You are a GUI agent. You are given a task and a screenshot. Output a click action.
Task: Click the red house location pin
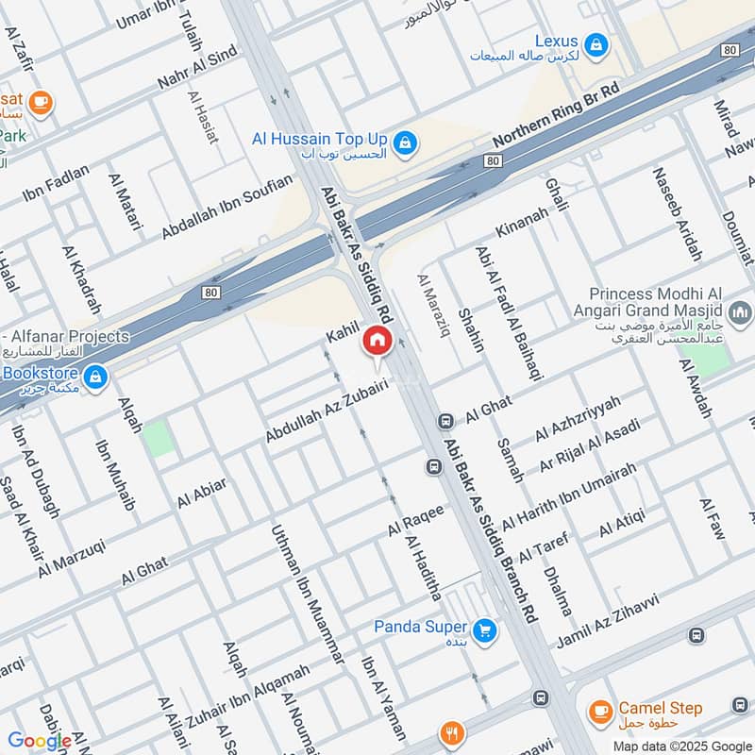[377, 342]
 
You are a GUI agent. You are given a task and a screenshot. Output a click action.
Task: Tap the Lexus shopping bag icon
[596, 43]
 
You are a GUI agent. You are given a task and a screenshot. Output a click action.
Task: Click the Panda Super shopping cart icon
[485, 629]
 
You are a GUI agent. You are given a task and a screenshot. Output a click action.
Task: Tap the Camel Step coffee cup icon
[597, 711]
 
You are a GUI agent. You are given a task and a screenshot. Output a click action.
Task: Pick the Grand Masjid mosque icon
[742, 311]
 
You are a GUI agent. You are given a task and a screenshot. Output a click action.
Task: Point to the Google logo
[40, 741]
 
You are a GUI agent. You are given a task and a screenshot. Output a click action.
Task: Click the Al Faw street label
[712, 518]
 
